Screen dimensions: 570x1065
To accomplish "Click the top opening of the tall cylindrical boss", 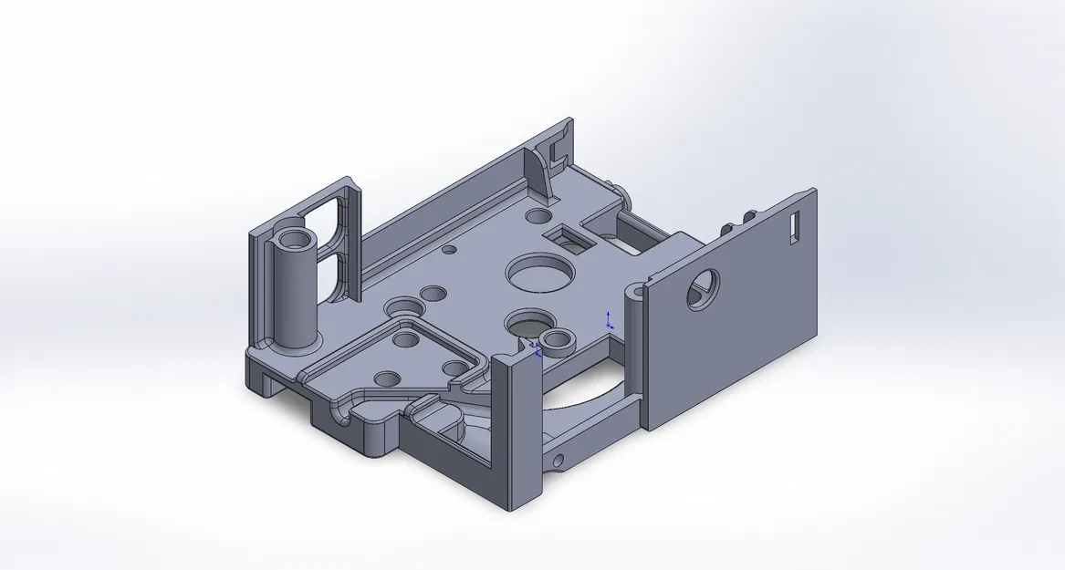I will coord(296,239).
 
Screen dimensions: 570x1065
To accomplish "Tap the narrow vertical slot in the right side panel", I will coord(794,225).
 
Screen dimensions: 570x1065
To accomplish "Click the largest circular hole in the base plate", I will coord(538,272).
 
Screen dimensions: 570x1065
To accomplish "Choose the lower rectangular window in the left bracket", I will coord(329,274).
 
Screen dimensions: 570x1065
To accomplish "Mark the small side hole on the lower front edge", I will coord(559,457).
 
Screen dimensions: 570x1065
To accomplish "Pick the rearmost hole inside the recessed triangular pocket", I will coord(402,340).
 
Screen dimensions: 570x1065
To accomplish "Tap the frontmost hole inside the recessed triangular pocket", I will coord(386,377).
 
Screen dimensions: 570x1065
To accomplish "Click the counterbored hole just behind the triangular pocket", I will coord(401,307).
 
